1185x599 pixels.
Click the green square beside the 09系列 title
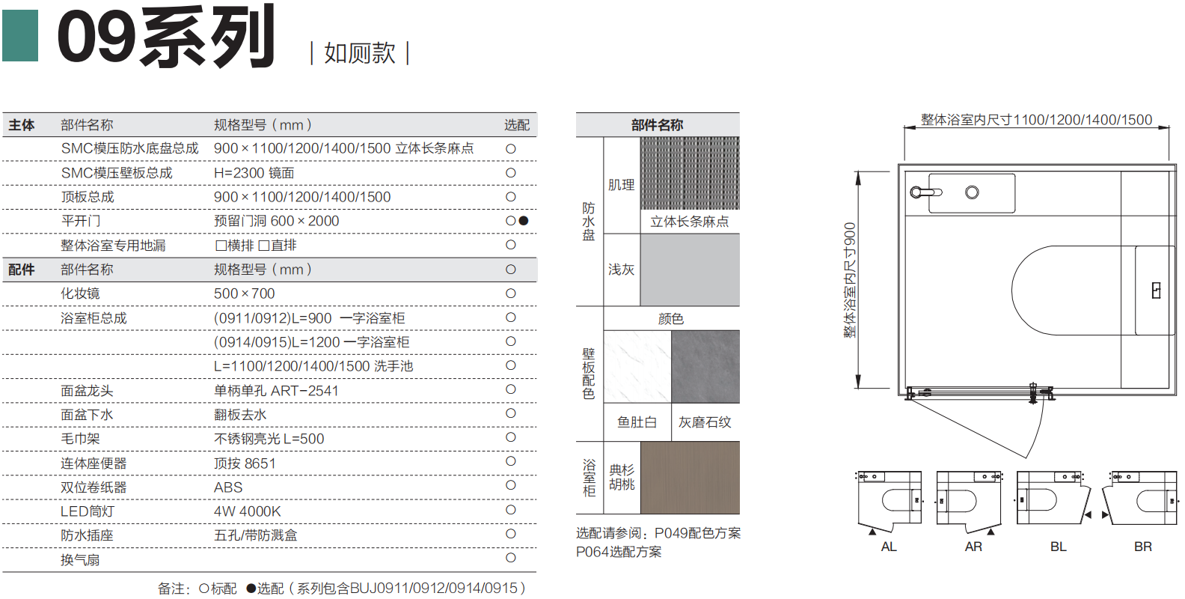click(20, 36)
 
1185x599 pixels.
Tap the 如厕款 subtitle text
click(360, 53)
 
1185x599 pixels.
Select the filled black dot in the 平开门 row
click(524, 221)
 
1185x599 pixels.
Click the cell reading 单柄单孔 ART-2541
click(276, 391)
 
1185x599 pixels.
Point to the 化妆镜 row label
click(80, 294)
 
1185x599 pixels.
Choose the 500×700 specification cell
click(245, 294)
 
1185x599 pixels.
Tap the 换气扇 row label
click(80, 560)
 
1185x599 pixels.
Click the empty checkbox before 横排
click(221, 246)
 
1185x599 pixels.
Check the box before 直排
click(263, 246)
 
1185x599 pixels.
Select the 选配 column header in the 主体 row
click(517, 125)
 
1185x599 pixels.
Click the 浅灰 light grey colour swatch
click(690, 270)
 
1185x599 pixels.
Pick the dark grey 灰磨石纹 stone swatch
click(705, 366)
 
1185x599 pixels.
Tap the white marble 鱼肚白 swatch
click(637, 366)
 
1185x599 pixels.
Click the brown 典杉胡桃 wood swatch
click(690, 478)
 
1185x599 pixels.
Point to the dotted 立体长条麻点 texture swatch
click(690, 173)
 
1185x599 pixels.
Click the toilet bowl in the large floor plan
click(1074, 291)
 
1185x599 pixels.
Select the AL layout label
click(889, 547)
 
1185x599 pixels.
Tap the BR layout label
click(1142, 547)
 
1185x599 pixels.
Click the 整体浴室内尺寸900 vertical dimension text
click(850, 280)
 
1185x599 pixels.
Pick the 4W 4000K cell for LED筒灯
click(247, 511)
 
